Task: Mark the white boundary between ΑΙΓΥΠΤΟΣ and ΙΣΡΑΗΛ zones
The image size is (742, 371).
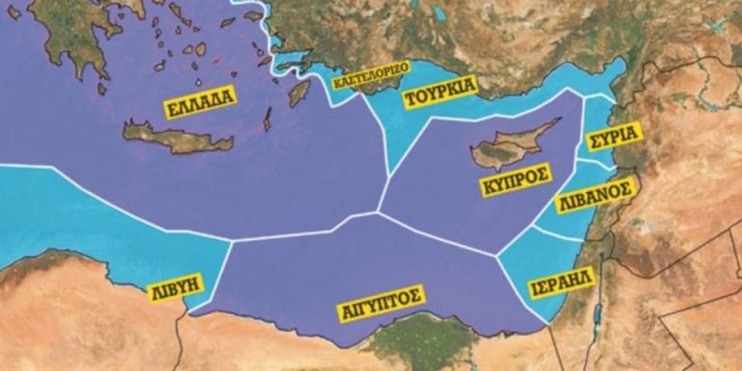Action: (517, 290)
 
